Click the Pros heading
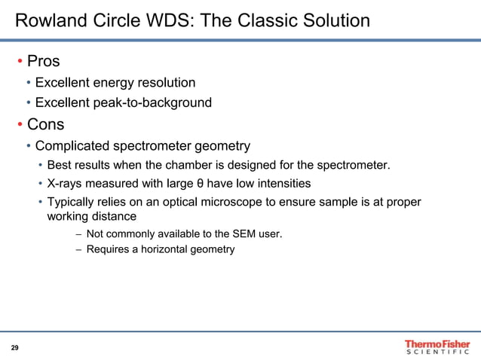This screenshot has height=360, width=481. pyautogui.click(x=44, y=61)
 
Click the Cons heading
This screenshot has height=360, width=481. pyautogui.click(x=46, y=124)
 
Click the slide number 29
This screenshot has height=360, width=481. pyautogui.click(x=14, y=347)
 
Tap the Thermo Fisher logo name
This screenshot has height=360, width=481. pyautogui.click(x=437, y=343)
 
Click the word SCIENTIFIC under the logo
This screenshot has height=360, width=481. pyautogui.click(x=437, y=353)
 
